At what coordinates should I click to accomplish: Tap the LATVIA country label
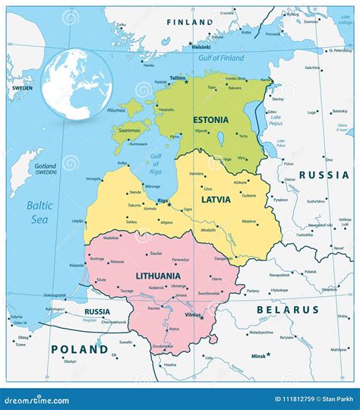click(x=216, y=199)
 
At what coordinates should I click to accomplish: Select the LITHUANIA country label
click(x=157, y=276)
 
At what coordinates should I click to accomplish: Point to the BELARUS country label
click(x=287, y=310)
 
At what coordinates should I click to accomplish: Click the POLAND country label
click(x=80, y=349)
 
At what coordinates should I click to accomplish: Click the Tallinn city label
click(x=178, y=77)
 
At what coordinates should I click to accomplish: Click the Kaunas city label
click(x=154, y=308)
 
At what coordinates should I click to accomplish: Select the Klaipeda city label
click(x=77, y=266)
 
